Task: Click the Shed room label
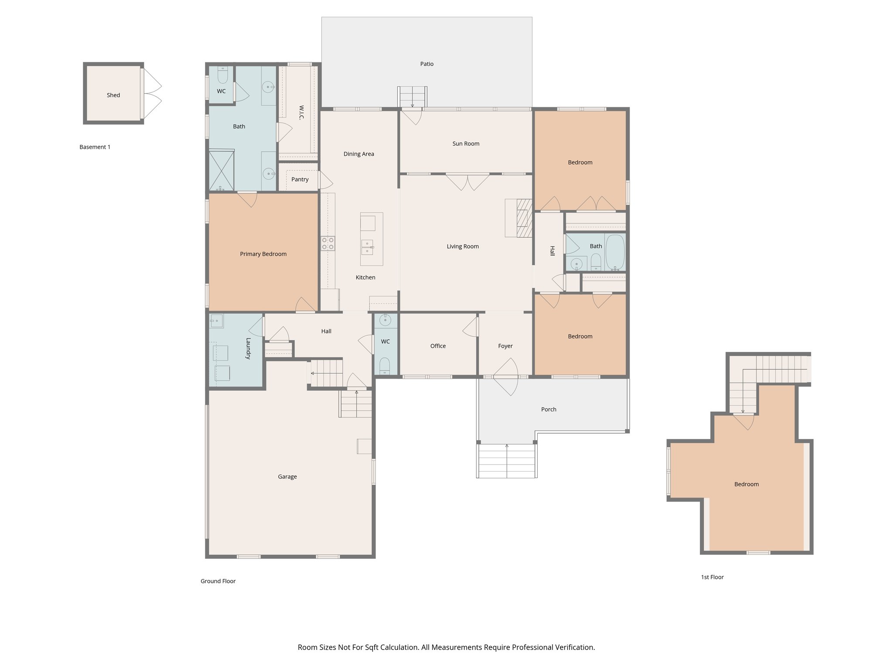click(x=113, y=95)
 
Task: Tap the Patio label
click(x=426, y=64)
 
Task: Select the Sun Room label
click(x=466, y=144)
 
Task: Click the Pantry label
click(x=300, y=179)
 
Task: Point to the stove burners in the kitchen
click(x=328, y=243)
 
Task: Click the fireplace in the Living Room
click(x=523, y=218)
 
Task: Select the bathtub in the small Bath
click(x=615, y=252)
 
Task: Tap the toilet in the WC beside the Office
click(x=385, y=365)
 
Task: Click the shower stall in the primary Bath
click(x=222, y=170)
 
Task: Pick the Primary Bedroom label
click(x=263, y=254)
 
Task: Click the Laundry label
click(x=248, y=348)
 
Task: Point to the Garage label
click(x=287, y=477)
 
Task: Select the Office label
click(x=438, y=346)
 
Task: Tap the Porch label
click(x=549, y=409)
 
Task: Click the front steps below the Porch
click(x=507, y=461)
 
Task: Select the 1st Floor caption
click(x=712, y=577)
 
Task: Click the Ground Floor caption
click(x=218, y=581)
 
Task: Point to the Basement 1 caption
click(x=95, y=147)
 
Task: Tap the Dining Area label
click(x=358, y=154)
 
